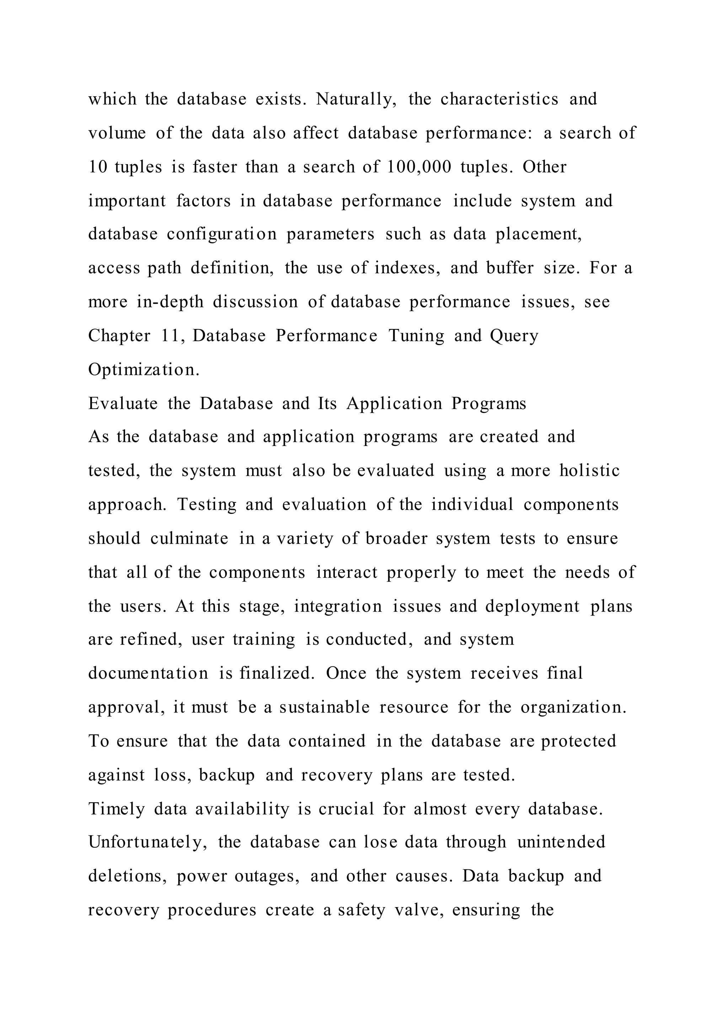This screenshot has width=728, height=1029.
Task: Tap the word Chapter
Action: click(x=119, y=336)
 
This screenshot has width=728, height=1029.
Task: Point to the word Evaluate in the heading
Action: click(x=123, y=404)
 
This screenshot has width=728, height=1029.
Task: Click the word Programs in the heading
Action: click(x=489, y=404)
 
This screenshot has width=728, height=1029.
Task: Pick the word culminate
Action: click(x=189, y=538)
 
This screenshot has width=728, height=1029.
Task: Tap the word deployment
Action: click(x=532, y=607)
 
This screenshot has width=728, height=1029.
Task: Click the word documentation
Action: click(x=148, y=674)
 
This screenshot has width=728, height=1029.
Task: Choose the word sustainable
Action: click(x=325, y=708)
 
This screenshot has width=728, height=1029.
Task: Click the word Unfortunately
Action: click(x=148, y=842)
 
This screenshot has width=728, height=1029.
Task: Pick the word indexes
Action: click(x=407, y=268)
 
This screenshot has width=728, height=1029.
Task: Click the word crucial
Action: click(x=346, y=809)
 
